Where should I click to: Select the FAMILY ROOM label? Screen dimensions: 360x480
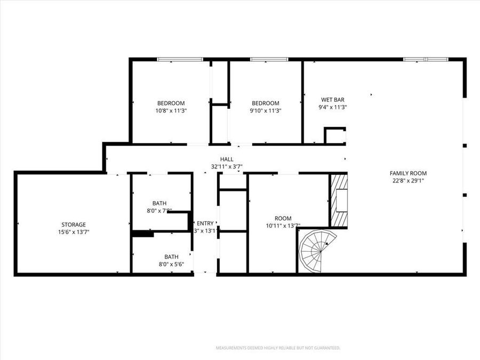pos(408,173)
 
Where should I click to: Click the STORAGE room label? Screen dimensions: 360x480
pos(73,225)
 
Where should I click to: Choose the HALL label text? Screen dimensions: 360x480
pos(227,159)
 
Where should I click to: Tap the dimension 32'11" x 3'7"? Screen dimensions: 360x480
pos(227,166)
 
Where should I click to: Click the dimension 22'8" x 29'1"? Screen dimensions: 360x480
pos(408,180)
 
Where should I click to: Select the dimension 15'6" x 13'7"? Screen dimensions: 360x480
pos(73,232)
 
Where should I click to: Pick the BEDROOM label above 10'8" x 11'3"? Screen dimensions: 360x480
pos(171,103)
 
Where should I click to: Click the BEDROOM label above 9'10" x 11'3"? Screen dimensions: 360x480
pos(265,103)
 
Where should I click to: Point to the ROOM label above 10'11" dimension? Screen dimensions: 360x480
pos(283,218)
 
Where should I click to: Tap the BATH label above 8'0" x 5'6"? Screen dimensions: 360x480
pos(171,257)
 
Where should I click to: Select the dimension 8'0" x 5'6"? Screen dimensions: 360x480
pos(171,264)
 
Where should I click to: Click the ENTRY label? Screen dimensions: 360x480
pos(205,223)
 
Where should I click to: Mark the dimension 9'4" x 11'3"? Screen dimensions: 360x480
pos(332,107)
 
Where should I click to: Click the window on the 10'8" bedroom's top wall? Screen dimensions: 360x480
pos(179,59)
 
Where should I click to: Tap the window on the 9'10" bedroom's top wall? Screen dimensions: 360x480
pos(269,59)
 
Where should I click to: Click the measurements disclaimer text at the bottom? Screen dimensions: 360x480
pos(277,348)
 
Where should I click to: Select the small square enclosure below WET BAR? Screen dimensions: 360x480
pos(335,135)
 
